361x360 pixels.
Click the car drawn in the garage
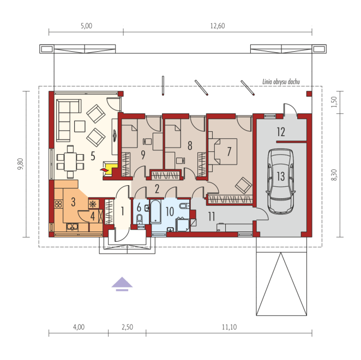coord(281,181)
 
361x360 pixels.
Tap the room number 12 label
coord(281,132)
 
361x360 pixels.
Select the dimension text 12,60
coord(218,26)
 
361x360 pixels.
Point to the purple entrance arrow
coord(122,284)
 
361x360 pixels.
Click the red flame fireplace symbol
coord(104,170)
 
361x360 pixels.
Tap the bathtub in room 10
coord(155,211)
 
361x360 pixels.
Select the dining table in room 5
coord(70,162)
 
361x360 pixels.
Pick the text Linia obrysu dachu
coord(281,82)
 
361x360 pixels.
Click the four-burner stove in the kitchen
coord(58,204)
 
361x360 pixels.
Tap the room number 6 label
coord(139,208)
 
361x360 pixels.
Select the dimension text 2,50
coord(127,327)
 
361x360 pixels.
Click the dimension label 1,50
coord(334,102)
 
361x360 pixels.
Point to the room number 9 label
coord(143,155)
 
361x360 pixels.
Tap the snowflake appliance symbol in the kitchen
coord(93,204)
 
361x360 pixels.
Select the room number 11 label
coord(212,216)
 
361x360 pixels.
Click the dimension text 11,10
coord(230,327)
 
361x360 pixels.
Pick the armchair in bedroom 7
coord(243,185)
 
